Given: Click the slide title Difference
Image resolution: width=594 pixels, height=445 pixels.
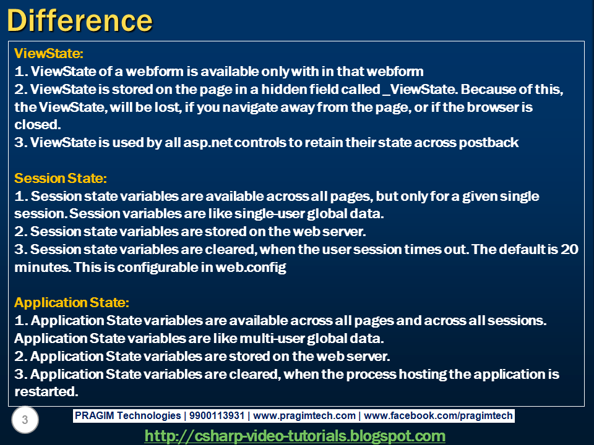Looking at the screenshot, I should [79, 20].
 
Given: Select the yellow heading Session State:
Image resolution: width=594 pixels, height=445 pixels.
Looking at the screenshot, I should [61, 178].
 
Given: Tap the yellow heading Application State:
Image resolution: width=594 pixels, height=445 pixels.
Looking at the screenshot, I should [72, 303].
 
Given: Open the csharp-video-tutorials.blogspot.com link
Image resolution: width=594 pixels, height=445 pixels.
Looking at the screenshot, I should [295, 436].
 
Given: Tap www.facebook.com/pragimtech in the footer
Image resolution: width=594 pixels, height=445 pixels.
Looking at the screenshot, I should [439, 416].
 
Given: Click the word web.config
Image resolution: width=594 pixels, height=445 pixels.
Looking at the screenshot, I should [251, 268].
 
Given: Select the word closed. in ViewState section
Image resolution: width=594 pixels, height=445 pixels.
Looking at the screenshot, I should [37, 125].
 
